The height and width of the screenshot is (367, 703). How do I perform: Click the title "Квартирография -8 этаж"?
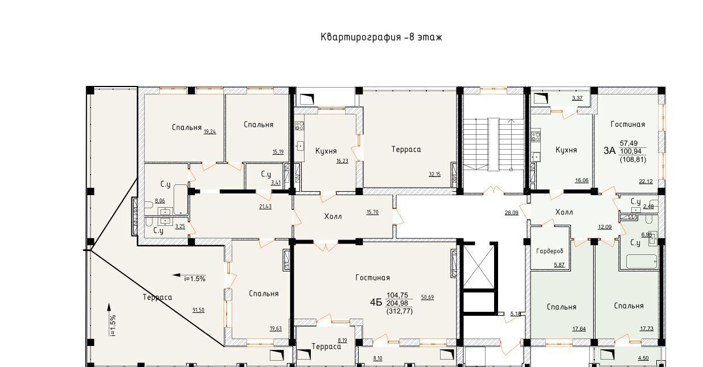(x=381, y=37)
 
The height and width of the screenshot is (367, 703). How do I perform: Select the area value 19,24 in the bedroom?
(x=209, y=132)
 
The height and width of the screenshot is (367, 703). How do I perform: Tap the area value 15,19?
(x=278, y=152)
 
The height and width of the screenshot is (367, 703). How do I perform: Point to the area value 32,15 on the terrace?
(x=435, y=174)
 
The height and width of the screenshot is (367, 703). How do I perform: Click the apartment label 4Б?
(x=376, y=302)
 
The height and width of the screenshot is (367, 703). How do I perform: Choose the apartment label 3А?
(x=610, y=151)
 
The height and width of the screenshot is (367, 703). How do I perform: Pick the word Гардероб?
(x=550, y=251)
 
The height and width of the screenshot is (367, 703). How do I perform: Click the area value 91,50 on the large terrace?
(x=198, y=310)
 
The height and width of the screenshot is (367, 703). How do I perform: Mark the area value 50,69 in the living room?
(x=427, y=297)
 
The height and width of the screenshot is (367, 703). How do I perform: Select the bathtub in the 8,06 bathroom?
(x=180, y=200)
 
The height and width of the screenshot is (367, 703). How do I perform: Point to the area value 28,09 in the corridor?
(x=512, y=213)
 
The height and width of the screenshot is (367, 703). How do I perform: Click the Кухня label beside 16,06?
(x=566, y=150)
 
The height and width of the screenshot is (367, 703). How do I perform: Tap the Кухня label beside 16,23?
(x=326, y=151)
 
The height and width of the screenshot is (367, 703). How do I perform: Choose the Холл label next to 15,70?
(x=333, y=216)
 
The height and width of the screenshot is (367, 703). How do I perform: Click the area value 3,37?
(x=577, y=98)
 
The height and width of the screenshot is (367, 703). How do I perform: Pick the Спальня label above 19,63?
(x=264, y=294)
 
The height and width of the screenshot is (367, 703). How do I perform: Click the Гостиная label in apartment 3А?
(x=628, y=125)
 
